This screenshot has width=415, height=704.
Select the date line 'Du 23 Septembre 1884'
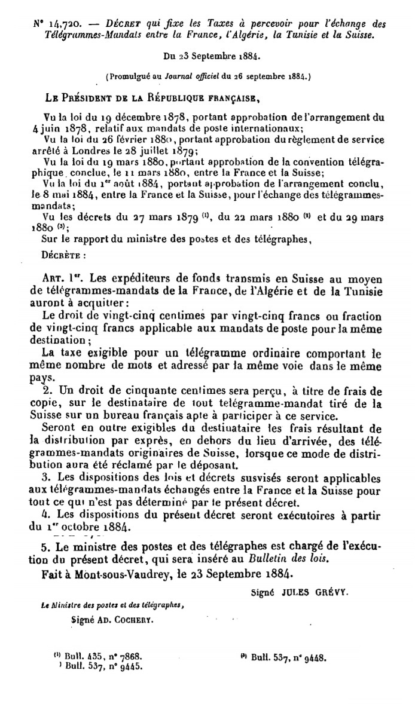[x=206, y=59]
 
